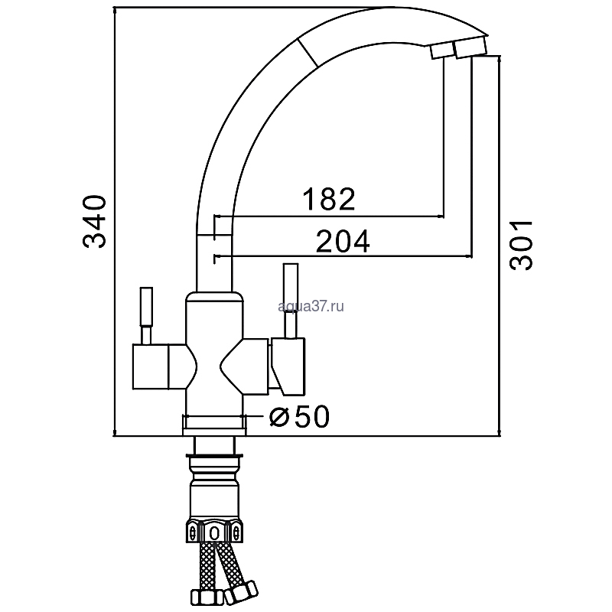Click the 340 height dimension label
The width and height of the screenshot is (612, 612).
[x=94, y=222]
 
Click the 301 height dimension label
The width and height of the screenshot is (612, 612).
[x=521, y=245]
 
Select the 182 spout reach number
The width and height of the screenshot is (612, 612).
[x=329, y=199]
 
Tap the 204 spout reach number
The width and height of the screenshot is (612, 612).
[x=343, y=241]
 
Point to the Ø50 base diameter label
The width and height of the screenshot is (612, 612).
[x=300, y=416]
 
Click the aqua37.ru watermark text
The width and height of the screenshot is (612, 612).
[x=311, y=307]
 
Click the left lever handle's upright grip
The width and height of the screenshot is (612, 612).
[x=146, y=307]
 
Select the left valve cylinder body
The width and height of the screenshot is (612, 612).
[x=151, y=366]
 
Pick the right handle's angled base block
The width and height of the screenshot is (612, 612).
[x=289, y=366]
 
